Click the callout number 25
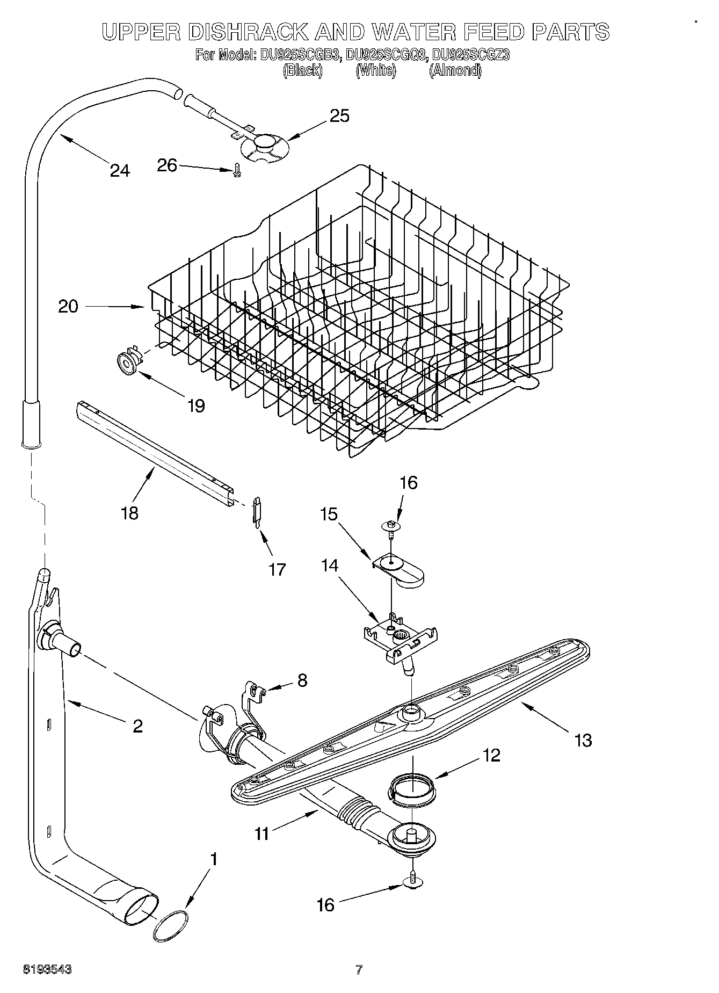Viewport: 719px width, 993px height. [x=339, y=115]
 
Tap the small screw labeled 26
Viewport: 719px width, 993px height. [x=236, y=171]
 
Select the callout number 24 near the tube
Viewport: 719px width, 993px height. [x=119, y=170]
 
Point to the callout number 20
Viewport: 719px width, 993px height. [x=68, y=307]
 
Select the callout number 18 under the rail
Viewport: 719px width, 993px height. [x=130, y=512]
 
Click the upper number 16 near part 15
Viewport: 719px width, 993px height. [x=409, y=482]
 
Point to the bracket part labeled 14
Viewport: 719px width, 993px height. [x=402, y=634]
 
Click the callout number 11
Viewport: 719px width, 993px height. [x=262, y=833]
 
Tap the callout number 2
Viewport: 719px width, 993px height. [x=137, y=726]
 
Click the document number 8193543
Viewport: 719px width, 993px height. [x=47, y=969]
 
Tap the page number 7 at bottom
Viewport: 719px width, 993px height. [x=359, y=969]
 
